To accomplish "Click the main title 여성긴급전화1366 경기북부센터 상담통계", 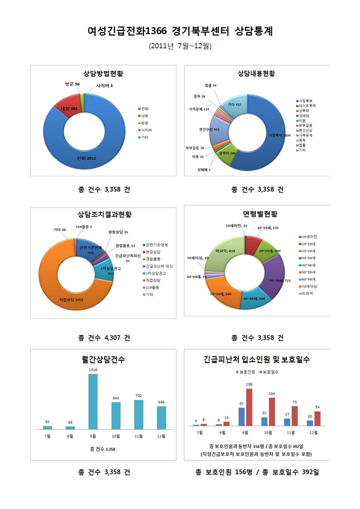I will pyautogui.click(x=180, y=32).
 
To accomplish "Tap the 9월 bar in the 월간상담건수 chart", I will pyautogui.click(x=93, y=401).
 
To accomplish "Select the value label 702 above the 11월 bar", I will pyautogui.click(x=138, y=395).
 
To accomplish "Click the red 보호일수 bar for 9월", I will pyautogui.click(x=249, y=407).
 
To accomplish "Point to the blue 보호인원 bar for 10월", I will pyautogui.click(x=264, y=421).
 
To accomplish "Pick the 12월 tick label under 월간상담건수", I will pyautogui.click(x=161, y=436).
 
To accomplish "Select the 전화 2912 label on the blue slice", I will pyautogui.click(x=86, y=158).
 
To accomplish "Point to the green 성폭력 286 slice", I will pyautogui.click(x=228, y=156).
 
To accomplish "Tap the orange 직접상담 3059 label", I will pyautogui.click(x=71, y=300).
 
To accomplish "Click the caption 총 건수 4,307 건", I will pyautogui.click(x=104, y=338).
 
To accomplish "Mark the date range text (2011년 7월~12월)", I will pyautogui.click(x=180, y=46).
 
